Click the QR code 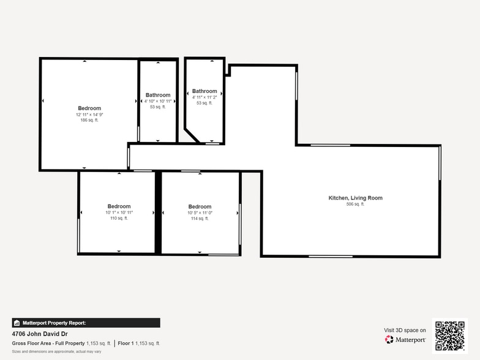pos(449,335)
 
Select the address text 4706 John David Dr pos(40,334)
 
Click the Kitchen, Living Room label pos(355,198)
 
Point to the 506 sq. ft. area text pos(355,204)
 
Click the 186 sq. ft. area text pos(89,120)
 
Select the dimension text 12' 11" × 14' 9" pos(89,114)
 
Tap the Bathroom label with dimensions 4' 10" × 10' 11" pos(158,95)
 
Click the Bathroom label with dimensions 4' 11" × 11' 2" pos(204,91)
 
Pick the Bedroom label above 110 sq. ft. pos(119,206)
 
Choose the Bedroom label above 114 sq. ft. pos(200,206)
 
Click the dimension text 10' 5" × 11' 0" pos(200,212)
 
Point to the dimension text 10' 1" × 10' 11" pos(119,212)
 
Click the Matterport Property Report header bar pos(86,323)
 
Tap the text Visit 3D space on pos(405,330)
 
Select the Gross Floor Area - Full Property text pos(48,343)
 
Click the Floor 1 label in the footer pos(126,343)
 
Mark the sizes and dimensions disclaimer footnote pos(56,351)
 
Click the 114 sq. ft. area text pos(200,218)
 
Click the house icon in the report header pos(17,323)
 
